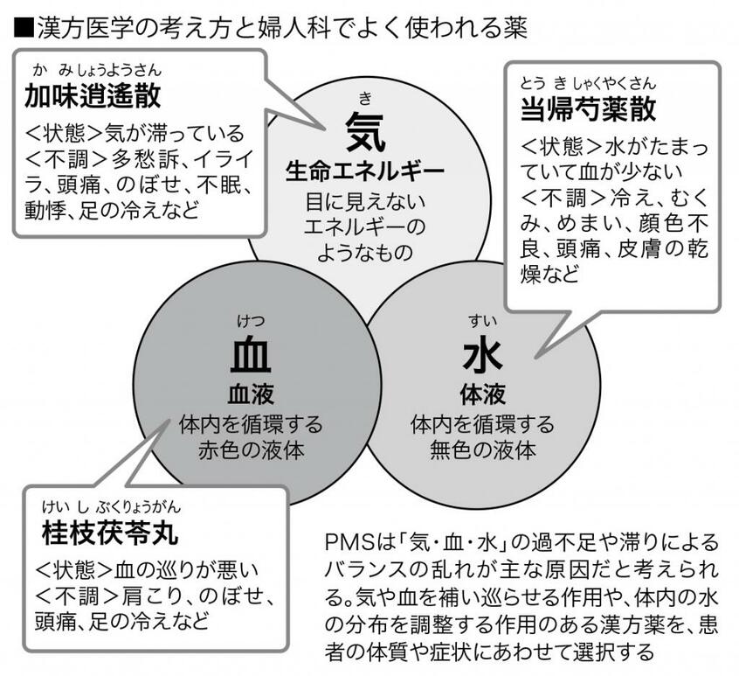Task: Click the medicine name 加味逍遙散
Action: pyautogui.click(x=93, y=96)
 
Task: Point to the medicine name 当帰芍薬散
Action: pyautogui.click(x=588, y=109)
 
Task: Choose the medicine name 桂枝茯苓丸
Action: pyautogui.click(x=111, y=533)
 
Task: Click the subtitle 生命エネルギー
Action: pyautogui.click(x=365, y=171)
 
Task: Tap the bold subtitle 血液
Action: pyautogui.click(x=251, y=394)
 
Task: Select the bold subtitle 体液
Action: pyautogui.click(x=482, y=394)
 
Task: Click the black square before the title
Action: pyautogui.click(x=23, y=28)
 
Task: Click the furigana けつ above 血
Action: pyautogui.click(x=251, y=322)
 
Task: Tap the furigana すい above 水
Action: pyautogui.click(x=482, y=322)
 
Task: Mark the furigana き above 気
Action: pyautogui.click(x=365, y=99)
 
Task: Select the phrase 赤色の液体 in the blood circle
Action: pyautogui.click(x=251, y=450)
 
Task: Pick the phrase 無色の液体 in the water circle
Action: pyautogui.click(x=482, y=450)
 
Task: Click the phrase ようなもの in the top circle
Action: pyautogui.click(x=365, y=253)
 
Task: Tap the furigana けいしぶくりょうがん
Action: pyautogui.click(x=111, y=507)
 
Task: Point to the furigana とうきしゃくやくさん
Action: pyautogui.click(x=588, y=84)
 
